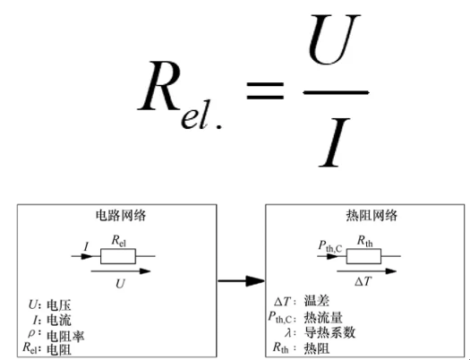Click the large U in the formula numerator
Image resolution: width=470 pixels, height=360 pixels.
[333, 39]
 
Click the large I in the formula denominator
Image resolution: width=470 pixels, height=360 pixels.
[334, 142]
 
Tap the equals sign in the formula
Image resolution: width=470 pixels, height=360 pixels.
[265, 90]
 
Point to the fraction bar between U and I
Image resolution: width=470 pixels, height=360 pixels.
[336, 92]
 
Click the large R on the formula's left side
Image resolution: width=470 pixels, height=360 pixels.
[159, 86]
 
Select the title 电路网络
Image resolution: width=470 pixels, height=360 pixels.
[121, 216]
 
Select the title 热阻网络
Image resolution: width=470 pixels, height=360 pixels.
[372, 216]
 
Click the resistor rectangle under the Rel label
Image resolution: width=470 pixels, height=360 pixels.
[118, 256]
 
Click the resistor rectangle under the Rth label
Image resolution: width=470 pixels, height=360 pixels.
[363, 256]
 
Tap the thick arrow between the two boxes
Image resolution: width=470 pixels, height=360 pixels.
[242, 281]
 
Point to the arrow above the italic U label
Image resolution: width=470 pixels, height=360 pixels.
[121, 271]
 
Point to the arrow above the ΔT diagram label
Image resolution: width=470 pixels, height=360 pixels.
[366, 271]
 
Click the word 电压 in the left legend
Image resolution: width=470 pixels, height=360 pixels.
[59, 305]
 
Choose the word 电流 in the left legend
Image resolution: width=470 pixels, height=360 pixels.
[59, 320]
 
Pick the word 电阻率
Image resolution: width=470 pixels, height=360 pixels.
[65, 336]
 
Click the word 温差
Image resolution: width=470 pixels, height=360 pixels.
[317, 301]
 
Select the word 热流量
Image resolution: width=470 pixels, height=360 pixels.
[323, 317]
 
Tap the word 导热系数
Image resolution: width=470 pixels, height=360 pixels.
[329, 332]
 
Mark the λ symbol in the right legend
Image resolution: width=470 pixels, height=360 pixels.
[287, 332]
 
